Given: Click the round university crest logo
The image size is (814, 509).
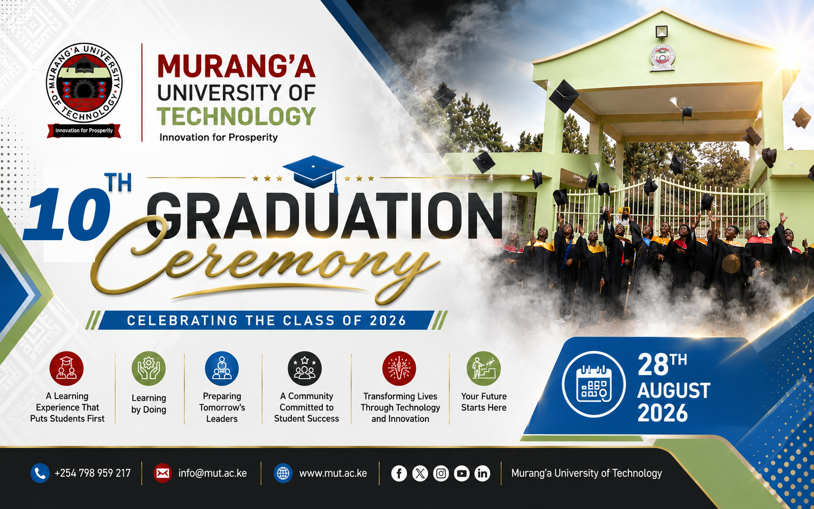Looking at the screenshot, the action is [x=84, y=83].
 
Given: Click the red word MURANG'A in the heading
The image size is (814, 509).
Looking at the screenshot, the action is [x=236, y=66].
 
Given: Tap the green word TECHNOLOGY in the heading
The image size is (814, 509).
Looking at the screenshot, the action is [x=236, y=116].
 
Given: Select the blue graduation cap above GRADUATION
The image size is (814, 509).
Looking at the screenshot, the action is [x=313, y=172].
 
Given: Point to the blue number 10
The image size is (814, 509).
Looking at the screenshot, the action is [x=67, y=214].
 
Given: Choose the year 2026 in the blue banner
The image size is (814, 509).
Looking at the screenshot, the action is [x=387, y=321].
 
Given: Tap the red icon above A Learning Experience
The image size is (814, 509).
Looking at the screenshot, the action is [x=67, y=368].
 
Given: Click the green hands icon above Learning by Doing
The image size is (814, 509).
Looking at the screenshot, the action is [x=149, y=368].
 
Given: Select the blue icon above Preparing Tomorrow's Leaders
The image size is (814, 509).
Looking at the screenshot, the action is [x=222, y=368].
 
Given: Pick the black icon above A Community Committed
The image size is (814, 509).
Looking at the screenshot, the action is [x=304, y=368].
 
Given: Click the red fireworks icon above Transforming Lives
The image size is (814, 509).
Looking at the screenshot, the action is [x=399, y=368].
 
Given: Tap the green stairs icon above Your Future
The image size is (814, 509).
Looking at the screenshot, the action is [x=483, y=368].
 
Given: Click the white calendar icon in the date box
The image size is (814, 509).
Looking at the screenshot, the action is [x=594, y=384].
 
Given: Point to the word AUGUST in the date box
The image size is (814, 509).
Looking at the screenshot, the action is [x=674, y=390].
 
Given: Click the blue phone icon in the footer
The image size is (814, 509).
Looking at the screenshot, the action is [x=40, y=473].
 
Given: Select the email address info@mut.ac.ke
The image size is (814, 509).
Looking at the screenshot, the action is [x=212, y=473].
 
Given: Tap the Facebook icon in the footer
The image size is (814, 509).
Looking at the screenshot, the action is [x=399, y=474].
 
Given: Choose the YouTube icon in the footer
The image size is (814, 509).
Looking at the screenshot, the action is [x=461, y=474].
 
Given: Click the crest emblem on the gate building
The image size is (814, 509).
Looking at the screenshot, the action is [x=663, y=58].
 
